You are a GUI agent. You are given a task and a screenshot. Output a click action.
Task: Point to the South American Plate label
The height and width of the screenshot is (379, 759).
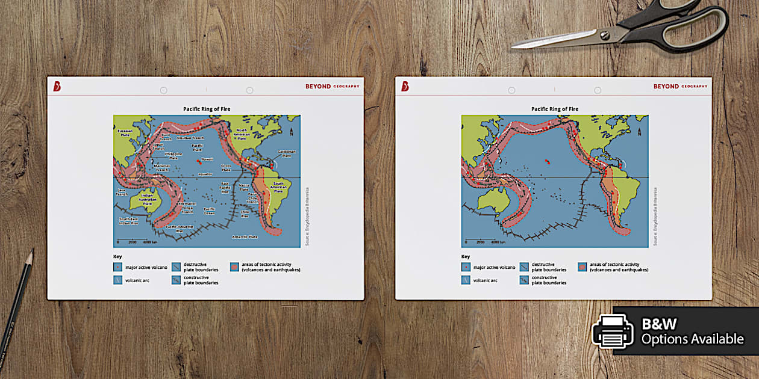tap(278, 187)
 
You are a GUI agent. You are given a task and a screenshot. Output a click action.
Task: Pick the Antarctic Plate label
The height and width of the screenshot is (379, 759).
tap(245, 236)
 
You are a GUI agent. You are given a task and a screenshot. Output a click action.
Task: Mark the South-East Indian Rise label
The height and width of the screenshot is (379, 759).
tap(128, 221)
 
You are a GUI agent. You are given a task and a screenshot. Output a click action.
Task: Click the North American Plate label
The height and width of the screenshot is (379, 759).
tap(242, 134)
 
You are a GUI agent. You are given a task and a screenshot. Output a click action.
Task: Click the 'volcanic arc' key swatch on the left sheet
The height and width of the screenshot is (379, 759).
tap(117, 279)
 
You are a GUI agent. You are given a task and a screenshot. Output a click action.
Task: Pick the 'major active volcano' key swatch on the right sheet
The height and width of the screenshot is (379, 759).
tap(466, 267)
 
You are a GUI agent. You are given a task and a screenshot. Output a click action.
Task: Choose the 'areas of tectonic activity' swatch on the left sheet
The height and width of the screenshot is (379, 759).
tap(234, 267)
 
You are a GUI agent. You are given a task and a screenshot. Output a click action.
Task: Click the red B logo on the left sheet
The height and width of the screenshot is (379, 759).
tap(57, 87)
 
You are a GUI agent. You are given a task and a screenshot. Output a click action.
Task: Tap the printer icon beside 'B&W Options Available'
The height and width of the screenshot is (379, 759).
tap(613, 331)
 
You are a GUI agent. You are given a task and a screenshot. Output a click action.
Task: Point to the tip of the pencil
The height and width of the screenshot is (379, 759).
tap(31, 251)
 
